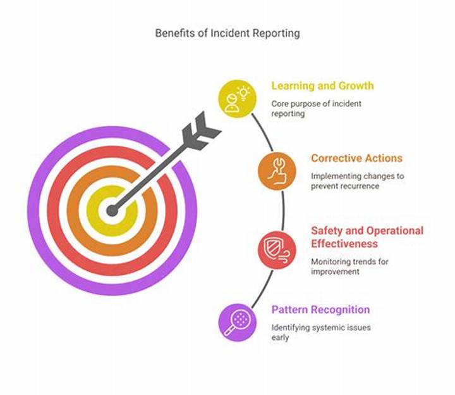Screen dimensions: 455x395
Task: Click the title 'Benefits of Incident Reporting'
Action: click(227, 33)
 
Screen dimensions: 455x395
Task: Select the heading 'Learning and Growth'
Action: click(322, 85)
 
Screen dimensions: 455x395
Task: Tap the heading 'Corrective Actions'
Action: click(356, 158)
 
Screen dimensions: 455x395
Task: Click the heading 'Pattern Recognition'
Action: click(320, 310)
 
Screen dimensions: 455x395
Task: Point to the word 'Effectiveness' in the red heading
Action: click(344, 244)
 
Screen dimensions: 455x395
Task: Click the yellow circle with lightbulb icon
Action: click(238, 99)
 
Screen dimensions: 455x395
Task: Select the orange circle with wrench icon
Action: click(277, 171)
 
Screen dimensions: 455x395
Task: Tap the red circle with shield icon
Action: click(277, 250)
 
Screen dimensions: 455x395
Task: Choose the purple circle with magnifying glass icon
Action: click(238, 323)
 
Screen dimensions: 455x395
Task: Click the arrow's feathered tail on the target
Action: click(201, 131)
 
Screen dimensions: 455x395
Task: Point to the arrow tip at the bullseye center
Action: click(112, 210)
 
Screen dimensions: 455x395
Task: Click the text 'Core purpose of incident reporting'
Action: click(317, 109)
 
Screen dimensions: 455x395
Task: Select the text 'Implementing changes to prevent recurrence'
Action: click(358, 181)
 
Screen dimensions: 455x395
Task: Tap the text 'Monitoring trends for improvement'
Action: click(349, 266)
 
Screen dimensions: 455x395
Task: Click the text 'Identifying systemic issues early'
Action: click(321, 332)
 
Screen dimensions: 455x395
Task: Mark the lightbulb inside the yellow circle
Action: click(243, 93)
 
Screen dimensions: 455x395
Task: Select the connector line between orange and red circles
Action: click(283, 210)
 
